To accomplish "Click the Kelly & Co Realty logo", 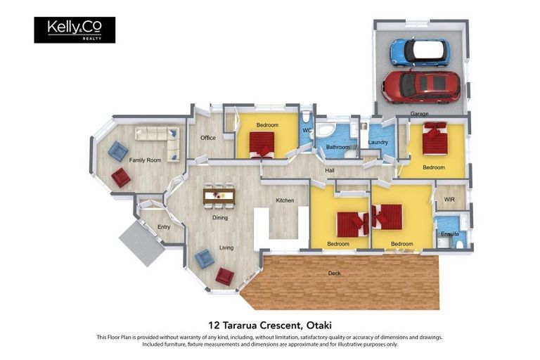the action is pyautogui.click(x=75, y=30).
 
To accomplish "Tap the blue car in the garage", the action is pyautogui.click(x=420, y=52).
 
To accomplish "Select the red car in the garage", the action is pyautogui.click(x=421, y=86).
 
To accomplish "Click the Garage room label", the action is pyautogui.click(x=419, y=113).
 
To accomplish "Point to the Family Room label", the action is pyautogui.click(x=145, y=160).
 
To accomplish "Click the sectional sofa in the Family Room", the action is pyautogui.click(x=158, y=142).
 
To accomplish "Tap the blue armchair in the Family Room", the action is pyautogui.click(x=118, y=151).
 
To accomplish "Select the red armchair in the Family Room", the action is pyautogui.click(x=120, y=177).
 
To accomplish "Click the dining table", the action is pyautogui.click(x=219, y=197).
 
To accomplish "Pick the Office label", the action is pyautogui.click(x=207, y=138).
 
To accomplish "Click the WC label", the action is pyautogui.click(x=307, y=131).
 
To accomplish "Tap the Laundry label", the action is pyautogui.click(x=378, y=142).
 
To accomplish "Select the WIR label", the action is pyautogui.click(x=449, y=200).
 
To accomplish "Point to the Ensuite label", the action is pyautogui.click(x=450, y=234).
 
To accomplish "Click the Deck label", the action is pyautogui.click(x=334, y=274).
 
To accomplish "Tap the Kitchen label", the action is pyautogui.click(x=285, y=200).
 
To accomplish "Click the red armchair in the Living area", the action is pyautogui.click(x=225, y=276).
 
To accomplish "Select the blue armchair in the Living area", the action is pyautogui.click(x=204, y=259).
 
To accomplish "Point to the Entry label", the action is pyautogui.click(x=164, y=227).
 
